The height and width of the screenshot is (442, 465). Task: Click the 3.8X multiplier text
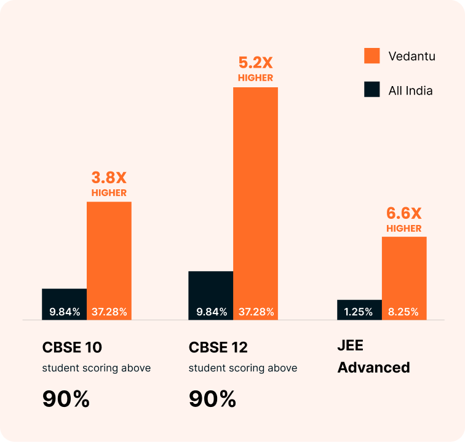pos(109,178)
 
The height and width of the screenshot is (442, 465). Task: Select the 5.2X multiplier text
pos(255,63)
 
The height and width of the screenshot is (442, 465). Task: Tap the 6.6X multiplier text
pos(404,214)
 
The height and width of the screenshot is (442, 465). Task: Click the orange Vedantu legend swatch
pos(372,56)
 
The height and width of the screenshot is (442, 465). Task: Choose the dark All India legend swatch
pos(372,90)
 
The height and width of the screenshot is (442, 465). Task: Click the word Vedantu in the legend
pos(411,56)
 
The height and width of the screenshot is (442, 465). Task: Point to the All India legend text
pos(410,90)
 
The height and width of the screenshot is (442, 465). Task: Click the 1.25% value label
pos(359,312)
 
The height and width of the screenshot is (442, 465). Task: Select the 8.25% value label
pos(403,312)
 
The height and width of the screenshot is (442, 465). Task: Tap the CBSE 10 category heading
pos(71,347)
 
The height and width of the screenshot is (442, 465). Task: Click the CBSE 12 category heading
pos(218,347)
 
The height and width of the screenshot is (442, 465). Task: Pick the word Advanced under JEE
pos(373,368)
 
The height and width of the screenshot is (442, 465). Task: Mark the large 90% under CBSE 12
pos(212,399)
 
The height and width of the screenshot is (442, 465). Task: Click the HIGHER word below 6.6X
pos(404,229)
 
